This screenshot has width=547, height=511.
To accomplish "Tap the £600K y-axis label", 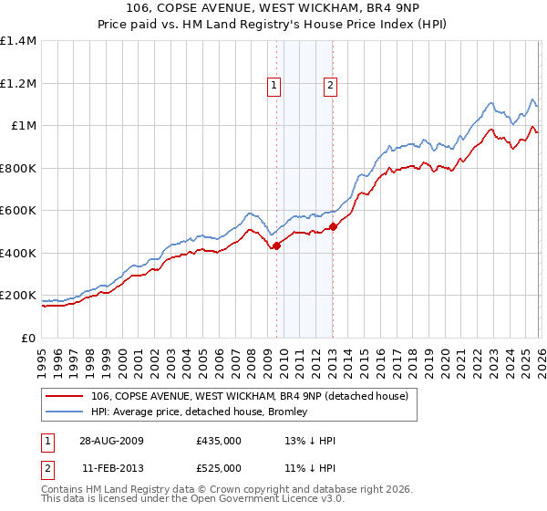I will coord(18,211).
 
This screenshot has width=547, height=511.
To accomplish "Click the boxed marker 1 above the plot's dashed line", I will coord(273,86).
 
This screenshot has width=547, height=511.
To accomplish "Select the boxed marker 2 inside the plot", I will coord(329,86).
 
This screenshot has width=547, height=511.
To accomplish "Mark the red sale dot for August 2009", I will coord(277,245).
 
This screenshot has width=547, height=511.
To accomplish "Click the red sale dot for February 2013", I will coord(333,226).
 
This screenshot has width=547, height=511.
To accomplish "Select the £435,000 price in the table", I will coord(219,441).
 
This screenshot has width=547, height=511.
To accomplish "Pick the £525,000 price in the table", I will coord(219,468).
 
